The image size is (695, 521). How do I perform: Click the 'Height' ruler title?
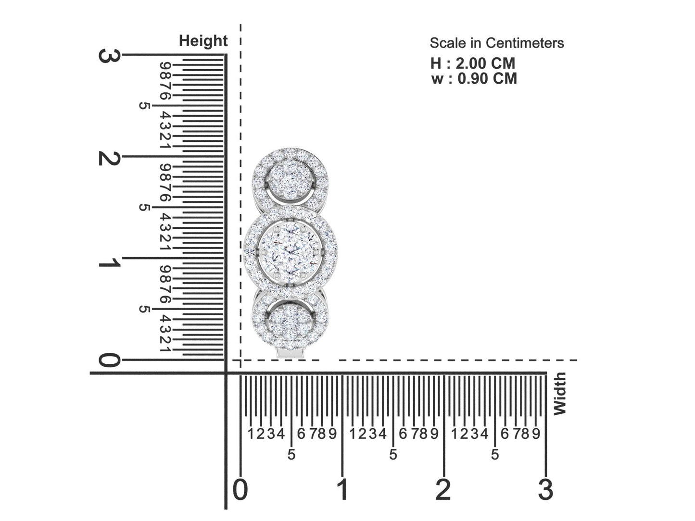tap(203, 41)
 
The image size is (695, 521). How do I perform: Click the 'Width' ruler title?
tap(559, 394)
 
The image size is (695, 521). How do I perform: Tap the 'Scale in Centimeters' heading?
tap(496, 43)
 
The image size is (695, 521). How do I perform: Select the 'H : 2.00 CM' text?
tap(472, 63)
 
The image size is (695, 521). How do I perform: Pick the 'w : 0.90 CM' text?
tap(474, 78)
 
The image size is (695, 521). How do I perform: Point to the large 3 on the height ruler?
tap(109, 56)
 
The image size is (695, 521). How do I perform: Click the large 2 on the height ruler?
tap(109, 158)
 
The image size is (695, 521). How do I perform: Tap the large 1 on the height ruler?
tap(109, 263)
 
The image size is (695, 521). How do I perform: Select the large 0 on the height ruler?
tap(109, 360)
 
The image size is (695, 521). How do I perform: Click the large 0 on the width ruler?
tap(240, 490)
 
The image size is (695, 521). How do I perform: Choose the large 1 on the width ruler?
tap(342, 490)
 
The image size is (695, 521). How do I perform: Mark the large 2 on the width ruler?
tap(443, 490)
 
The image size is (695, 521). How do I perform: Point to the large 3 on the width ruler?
tap(545, 490)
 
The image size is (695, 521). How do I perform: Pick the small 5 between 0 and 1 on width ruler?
tap(291, 454)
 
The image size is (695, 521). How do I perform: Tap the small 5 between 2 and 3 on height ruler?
tap(143, 105)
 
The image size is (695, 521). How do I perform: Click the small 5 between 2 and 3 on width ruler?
tap(495, 454)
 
